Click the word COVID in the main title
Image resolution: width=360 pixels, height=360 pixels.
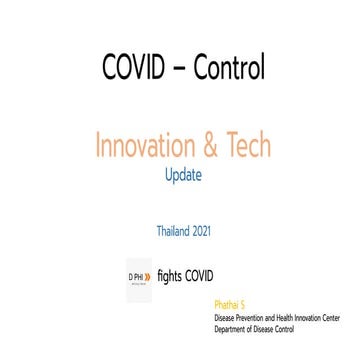135,67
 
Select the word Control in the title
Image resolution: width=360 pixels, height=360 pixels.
229,67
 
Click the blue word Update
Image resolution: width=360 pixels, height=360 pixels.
183,174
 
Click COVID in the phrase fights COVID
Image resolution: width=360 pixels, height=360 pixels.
200,272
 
